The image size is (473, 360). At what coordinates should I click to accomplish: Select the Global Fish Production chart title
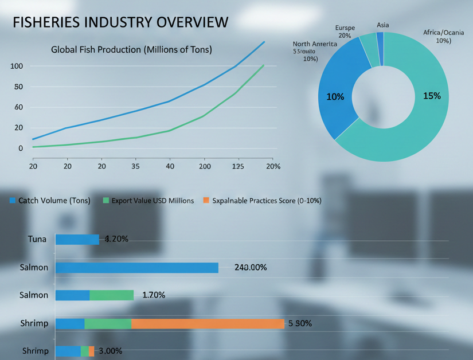131,50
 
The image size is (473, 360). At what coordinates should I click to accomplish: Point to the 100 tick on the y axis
17,66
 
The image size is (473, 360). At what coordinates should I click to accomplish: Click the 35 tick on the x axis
135,166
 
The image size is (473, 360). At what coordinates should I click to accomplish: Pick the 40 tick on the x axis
169,166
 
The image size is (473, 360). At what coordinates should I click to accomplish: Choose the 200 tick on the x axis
204,166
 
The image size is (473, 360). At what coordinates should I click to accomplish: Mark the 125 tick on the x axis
237,166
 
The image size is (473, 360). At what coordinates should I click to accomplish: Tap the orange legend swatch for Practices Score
207,201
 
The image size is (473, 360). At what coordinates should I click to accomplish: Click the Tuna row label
37,239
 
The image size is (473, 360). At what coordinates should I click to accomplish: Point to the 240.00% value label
251,268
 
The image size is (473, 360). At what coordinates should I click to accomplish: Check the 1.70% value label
154,295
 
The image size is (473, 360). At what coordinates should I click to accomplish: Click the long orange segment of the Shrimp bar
208,323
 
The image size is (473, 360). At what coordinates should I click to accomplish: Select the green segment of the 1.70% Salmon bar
111,295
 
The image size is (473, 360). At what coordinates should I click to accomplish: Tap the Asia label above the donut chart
383,25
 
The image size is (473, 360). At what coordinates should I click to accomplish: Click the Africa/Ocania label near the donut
444,37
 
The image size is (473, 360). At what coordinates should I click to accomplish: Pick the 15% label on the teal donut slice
432,96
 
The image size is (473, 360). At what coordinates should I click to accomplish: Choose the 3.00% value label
111,351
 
